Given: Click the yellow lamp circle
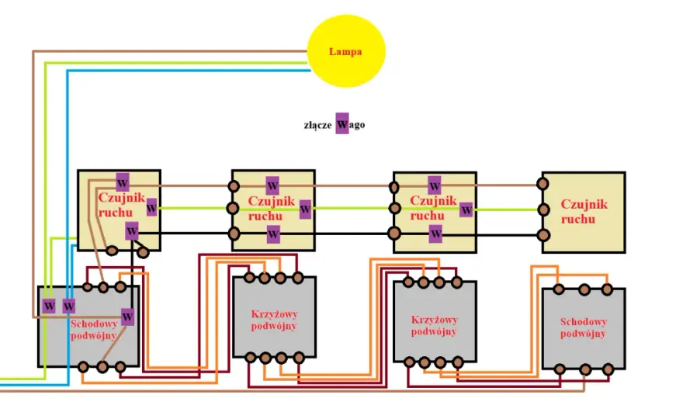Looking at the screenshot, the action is pyautogui.click(x=346, y=51).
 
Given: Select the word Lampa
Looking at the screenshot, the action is pyautogui.click(x=345, y=51).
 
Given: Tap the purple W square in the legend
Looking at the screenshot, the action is pyautogui.click(x=342, y=123).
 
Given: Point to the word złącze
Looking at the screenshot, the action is pyautogui.click(x=317, y=126).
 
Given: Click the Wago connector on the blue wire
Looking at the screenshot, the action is pyautogui.click(x=69, y=306).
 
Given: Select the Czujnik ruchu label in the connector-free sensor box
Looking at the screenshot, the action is pyautogui.click(x=584, y=211).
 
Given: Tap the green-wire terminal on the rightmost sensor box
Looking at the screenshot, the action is pyautogui.click(x=543, y=210).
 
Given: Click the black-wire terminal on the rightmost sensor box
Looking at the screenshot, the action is pyautogui.click(x=543, y=236).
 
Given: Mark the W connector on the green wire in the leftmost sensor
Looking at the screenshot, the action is pyautogui.click(x=151, y=208).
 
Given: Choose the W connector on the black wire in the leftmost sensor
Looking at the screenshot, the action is pyautogui.click(x=131, y=231).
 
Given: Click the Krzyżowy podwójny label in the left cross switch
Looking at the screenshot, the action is pyautogui.click(x=274, y=320).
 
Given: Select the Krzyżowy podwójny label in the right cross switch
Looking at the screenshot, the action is pyautogui.click(x=434, y=325).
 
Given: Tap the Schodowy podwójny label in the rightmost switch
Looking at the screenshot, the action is pyautogui.click(x=583, y=327).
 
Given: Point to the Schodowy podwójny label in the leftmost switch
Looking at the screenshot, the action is pyautogui.click(x=94, y=329).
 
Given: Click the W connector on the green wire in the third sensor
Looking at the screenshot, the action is pyautogui.click(x=466, y=209).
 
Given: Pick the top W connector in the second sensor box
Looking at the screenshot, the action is pyautogui.click(x=272, y=185).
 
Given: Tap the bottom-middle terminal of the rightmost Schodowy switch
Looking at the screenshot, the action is pyautogui.click(x=584, y=370).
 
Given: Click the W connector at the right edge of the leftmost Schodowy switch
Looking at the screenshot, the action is pyautogui.click(x=127, y=317).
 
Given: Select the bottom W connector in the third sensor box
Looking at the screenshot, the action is pyautogui.click(x=435, y=234).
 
